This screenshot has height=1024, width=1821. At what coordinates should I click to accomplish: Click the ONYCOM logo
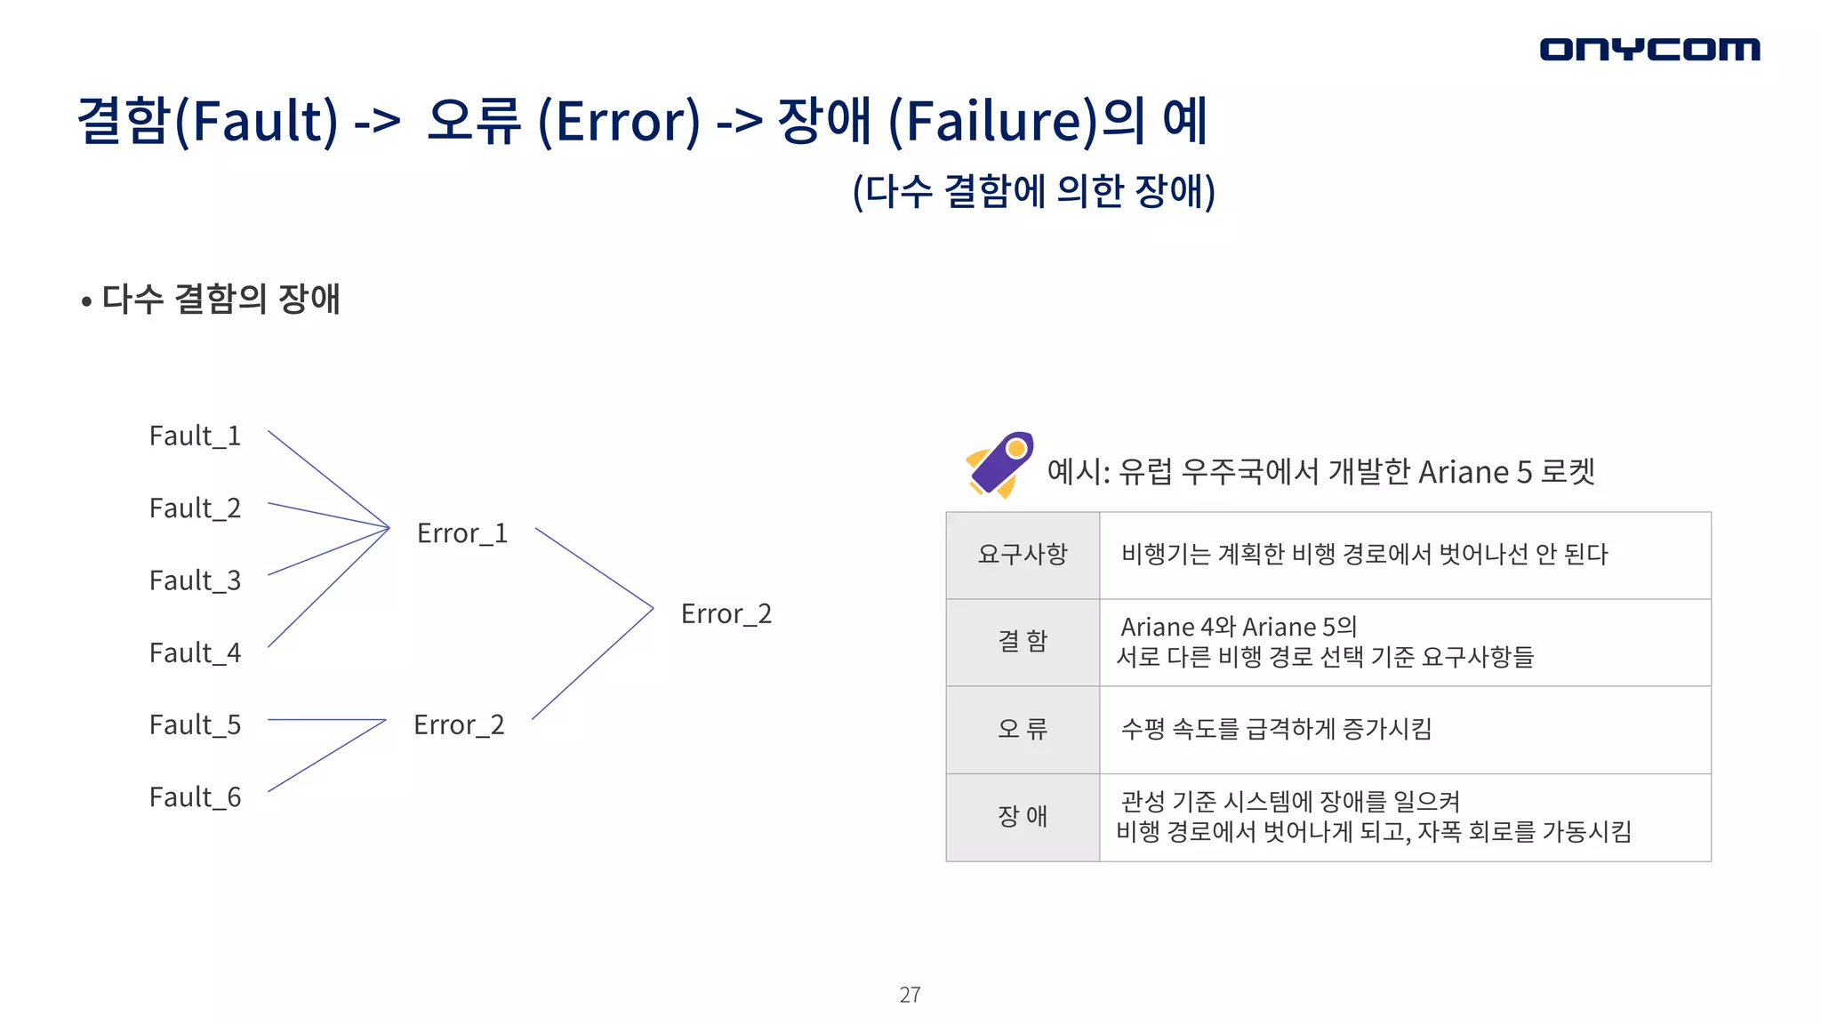point(1649,49)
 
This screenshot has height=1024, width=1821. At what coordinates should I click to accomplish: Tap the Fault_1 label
point(195,436)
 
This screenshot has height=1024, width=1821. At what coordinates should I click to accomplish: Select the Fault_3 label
point(195,581)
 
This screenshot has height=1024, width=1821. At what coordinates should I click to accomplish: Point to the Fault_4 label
point(195,653)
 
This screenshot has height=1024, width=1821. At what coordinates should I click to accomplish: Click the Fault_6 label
point(195,798)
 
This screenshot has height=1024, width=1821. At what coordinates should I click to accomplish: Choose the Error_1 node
point(462,533)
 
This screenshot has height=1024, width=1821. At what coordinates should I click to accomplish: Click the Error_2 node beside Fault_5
point(459,725)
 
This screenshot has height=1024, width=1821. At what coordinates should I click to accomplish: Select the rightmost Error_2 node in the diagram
point(726,614)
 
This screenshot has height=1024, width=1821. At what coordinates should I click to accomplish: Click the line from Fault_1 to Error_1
point(328,479)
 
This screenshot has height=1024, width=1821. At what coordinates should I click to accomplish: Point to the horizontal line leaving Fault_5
point(325,719)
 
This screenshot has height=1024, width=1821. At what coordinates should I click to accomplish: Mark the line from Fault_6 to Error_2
point(326,756)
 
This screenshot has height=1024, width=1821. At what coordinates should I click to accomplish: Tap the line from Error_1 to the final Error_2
point(594,568)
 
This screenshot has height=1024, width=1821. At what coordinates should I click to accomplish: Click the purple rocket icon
point(1000,465)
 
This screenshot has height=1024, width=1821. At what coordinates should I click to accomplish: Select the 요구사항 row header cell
point(1023,555)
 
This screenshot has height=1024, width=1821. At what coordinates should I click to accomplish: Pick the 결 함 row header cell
point(1023,642)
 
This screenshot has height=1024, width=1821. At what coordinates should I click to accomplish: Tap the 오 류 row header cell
point(1023,730)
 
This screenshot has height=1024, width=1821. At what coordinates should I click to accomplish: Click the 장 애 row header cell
point(1023,817)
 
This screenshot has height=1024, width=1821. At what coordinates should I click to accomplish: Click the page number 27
point(910,995)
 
